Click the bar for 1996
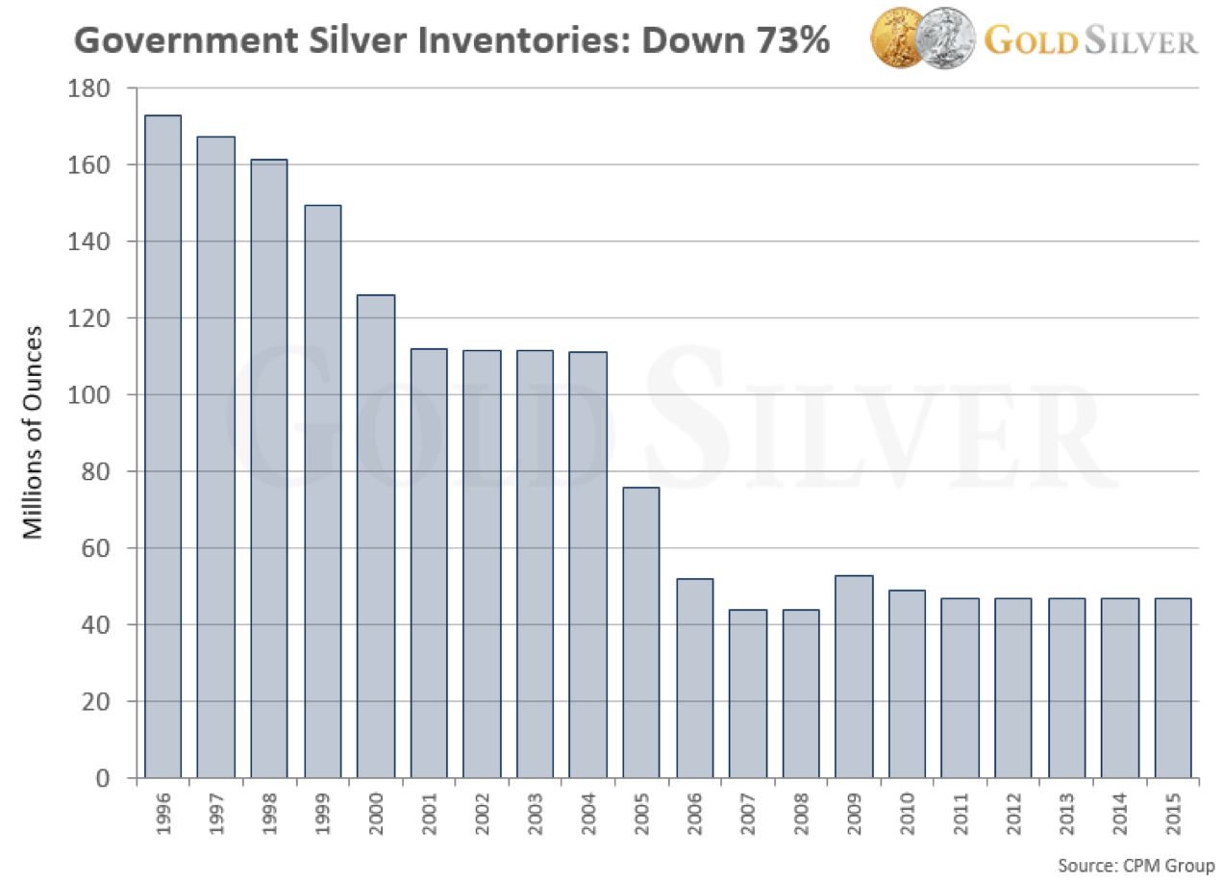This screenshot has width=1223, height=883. pyautogui.click(x=162, y=446)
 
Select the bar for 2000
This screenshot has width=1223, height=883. pyautogui.click(x=375, y=536)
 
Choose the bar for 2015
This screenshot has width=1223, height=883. pyautogui.click(x=1172, y=688)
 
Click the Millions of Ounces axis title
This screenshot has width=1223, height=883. pyautogui.click(x=34, y=432)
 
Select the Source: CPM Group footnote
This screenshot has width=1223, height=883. pyautogui.click(x=1136, y=864)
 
